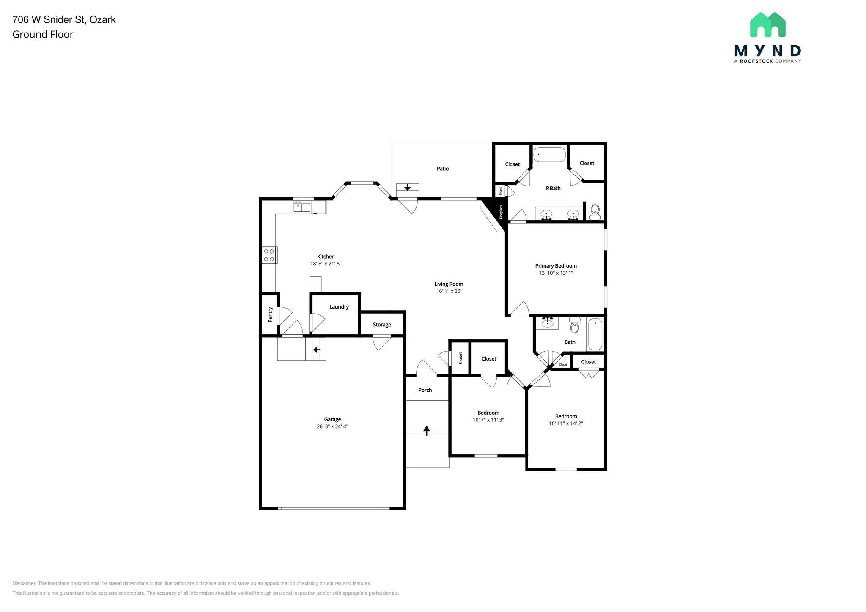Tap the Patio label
point(442,169)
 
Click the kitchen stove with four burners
point(269,255)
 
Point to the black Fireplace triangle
point(497,212)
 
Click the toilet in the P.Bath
point(595,211)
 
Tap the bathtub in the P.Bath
point(549,155)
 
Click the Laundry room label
point(339,307)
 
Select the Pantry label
point(270,314)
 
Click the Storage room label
point(381,325)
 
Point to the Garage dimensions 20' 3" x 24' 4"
point(332,426)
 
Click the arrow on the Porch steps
point(427,430)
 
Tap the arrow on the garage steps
point(316,350)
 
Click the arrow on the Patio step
point(407,187)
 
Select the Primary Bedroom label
point(556,266)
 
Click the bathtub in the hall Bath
point(595,334)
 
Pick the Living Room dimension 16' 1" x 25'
point(448,291)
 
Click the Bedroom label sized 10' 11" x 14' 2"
point(566,416)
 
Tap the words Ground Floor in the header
point(43,35)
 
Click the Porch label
point(425,390)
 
